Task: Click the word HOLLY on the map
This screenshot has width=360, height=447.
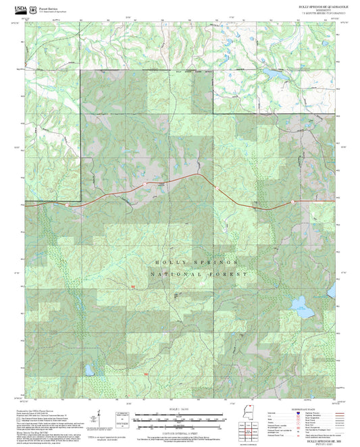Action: (168, 261)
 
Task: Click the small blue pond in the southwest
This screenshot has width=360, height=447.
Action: (88, 370)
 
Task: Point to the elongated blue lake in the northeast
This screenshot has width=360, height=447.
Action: (274, 71)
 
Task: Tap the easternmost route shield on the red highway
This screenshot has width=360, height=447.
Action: (292, 202)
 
